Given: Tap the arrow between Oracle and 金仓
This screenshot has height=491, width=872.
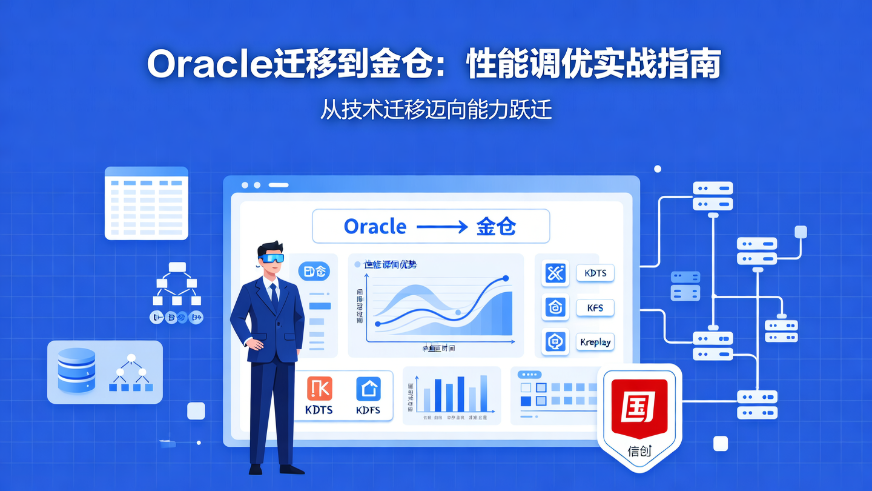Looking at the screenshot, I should [441, 227].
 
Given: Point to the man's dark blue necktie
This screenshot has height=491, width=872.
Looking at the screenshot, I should [274, 296].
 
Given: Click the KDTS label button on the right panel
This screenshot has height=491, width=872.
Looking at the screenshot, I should [595, 273].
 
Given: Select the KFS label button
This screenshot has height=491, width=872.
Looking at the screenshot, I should [595, 308].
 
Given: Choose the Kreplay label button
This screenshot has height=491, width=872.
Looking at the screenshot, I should [595, 342].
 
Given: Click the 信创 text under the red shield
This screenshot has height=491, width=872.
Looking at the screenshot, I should [639, 451].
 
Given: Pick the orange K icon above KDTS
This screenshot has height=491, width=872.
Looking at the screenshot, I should [319, 389].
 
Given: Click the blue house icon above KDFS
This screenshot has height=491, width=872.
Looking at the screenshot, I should [368, 389].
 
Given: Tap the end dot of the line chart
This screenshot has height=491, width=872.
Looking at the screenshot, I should [505, 279].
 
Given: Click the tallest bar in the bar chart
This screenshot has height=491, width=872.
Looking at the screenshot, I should [483, 393].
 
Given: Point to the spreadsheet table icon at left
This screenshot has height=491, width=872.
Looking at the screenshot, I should [146, 204].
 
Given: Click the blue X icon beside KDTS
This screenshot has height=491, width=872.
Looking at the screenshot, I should [555, 273].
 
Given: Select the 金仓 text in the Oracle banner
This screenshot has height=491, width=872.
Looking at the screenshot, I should [497, 227].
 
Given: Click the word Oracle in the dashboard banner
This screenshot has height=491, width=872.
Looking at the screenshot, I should [375, 227].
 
